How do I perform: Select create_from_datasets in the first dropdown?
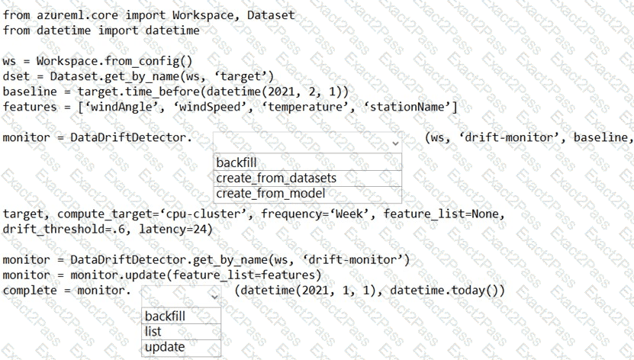(x=276, y=178)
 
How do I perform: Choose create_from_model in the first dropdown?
(x=271, y=194)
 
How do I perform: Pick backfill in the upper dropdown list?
(x=237, y=162)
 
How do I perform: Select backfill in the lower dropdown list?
(x=165, y=316)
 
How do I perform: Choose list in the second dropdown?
(x=153, y=332)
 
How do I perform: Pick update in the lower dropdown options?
(x=165, y=347)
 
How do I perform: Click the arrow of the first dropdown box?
(x=394, y=143)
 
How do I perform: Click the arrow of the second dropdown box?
(x=214, y=295)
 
